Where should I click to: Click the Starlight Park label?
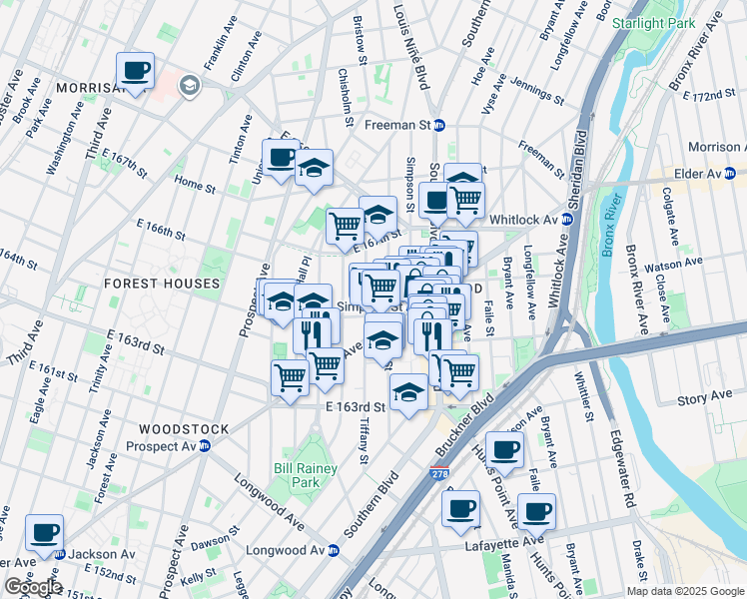click(x=652, y=22)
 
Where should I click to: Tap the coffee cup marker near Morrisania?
click(x=135, y=72)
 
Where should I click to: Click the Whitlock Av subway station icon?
click(x=566, y=220)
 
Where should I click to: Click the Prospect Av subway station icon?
click(x=205, y=445)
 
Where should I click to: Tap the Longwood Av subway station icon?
click(x=334, y=550)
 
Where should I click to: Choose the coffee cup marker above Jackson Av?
click(x=44, y=533)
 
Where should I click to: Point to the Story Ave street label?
click(x=705, y=398)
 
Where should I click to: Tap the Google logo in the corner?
click(x=32, y=586)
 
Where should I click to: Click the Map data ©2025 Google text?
click(x=684, y=591)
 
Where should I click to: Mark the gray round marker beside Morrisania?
click(x=187, y=88)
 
